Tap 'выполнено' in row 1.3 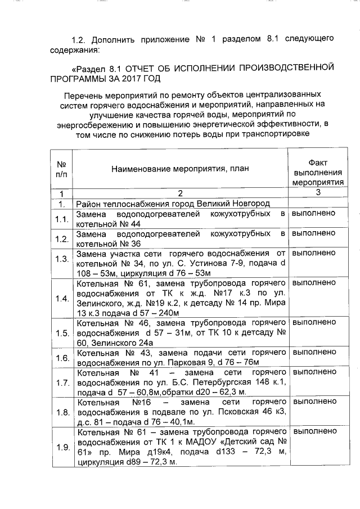click(x=314, y=254)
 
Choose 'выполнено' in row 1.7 click(x=314, y=372)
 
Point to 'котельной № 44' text click(x=105, y=224)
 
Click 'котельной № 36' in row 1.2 click(x=105, y=244)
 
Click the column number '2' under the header click(x=181, y=193)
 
